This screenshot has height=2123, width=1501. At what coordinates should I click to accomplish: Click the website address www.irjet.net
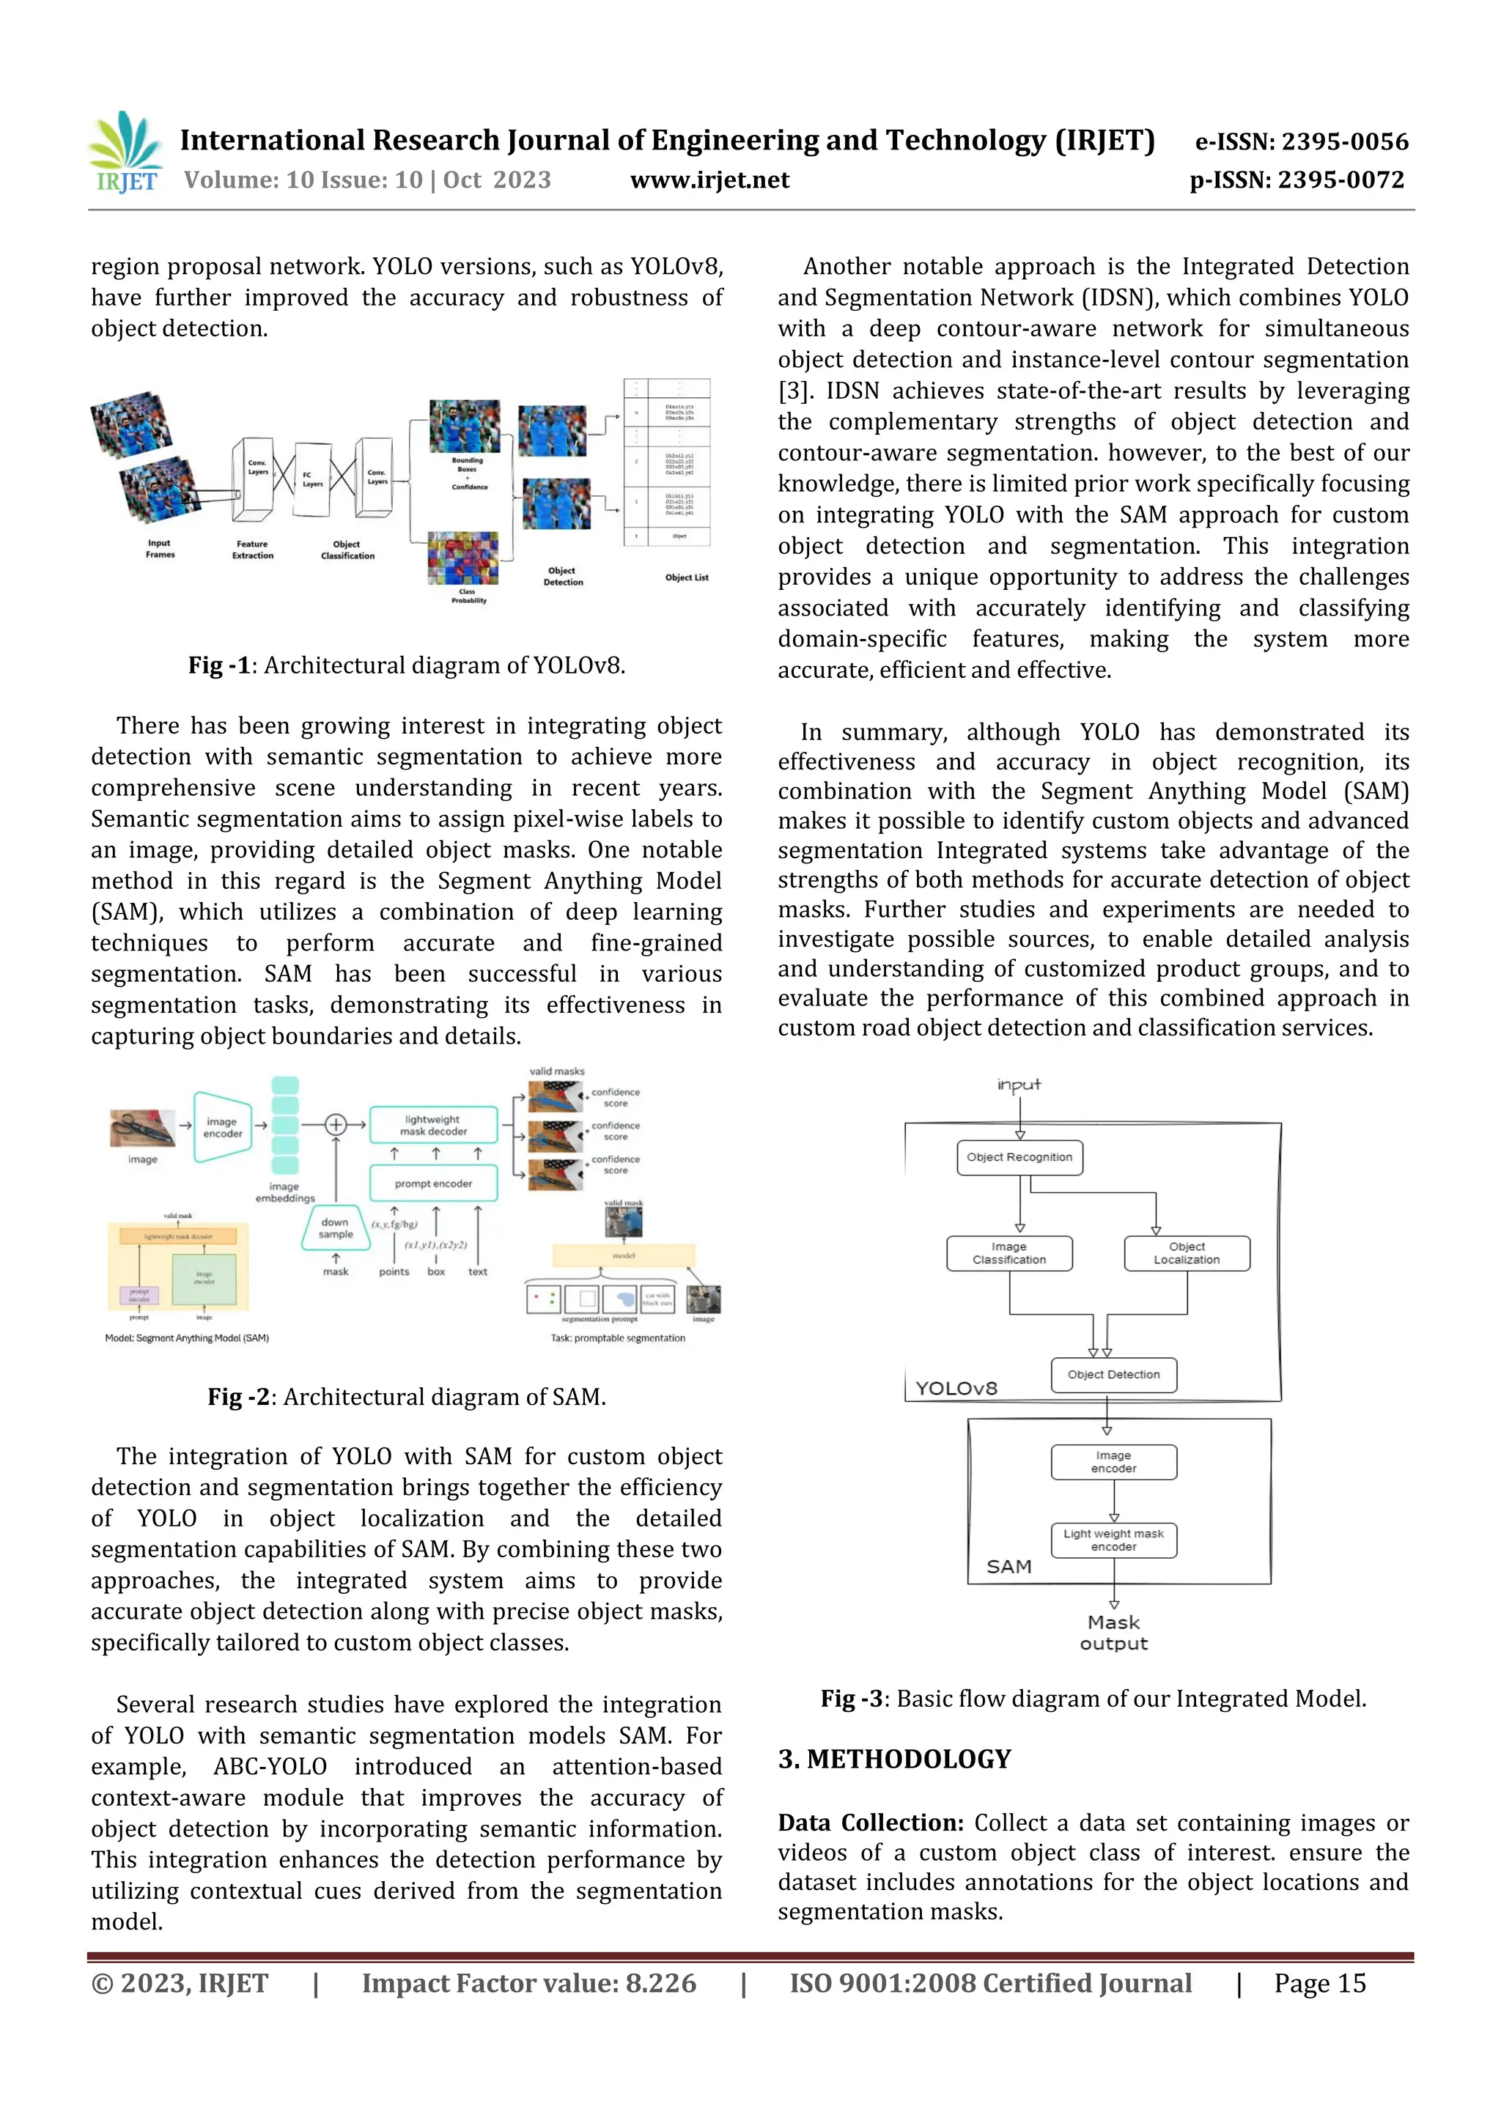point(709,180)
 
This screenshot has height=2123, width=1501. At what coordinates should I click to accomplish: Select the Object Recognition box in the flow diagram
point(1019,1156)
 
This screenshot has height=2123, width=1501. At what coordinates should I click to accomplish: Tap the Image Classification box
point(1009,1253)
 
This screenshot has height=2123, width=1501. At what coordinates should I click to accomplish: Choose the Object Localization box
point(1187,1253)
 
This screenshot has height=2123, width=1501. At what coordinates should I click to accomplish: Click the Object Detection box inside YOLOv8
point(1113,1374)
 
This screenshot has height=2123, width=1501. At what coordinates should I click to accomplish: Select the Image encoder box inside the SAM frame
point(1113,1461)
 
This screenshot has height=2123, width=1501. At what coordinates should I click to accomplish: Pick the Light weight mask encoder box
point(1113,1540)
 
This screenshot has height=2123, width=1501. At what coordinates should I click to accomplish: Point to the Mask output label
point(1113,1633)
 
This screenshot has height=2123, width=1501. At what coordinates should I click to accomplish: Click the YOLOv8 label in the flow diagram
point(956,1388)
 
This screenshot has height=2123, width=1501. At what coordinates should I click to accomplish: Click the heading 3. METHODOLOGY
point(894,1759)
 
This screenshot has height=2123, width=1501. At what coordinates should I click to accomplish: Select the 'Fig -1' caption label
point(219,665)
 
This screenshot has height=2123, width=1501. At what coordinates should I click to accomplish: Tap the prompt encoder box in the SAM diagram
point(433,1184)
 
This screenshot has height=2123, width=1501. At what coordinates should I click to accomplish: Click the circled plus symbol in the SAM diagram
point(336,1124)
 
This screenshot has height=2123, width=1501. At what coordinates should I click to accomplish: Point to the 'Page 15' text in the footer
point(1320,1982)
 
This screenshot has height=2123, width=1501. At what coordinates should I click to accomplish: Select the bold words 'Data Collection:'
point(870,1823)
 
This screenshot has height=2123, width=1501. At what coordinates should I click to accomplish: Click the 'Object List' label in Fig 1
point(686,577)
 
